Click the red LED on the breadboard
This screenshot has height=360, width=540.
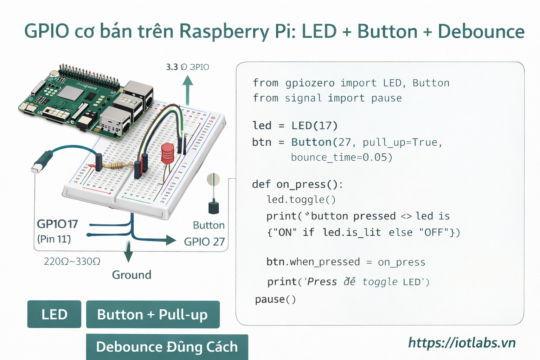tap(167, 153)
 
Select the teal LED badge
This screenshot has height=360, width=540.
tap(54, 314)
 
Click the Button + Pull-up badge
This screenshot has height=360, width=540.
tap(153, 314)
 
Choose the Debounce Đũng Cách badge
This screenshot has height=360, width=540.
tap(167, 347)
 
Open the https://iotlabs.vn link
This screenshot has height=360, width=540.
tap(462, 342)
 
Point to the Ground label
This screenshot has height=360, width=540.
tap(131, 275)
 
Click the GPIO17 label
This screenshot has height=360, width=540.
tap(57, 224)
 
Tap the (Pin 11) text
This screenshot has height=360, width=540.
tap(54, 239)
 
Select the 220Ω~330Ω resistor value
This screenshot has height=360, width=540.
tap(72, 262)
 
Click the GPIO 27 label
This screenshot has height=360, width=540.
tap(204, 242)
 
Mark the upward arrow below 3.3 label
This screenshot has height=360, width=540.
tap(188, 90)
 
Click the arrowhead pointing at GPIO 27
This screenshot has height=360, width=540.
tap(171, 240)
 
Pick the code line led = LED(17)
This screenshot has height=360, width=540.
tap(295, 126)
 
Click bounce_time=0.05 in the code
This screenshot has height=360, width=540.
tap(341, 157)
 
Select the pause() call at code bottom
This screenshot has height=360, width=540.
tap(275, 299)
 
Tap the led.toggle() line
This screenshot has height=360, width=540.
tap(301, 199)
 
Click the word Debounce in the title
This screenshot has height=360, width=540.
tap(481, 31)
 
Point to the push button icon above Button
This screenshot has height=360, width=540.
tap(213, 193)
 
